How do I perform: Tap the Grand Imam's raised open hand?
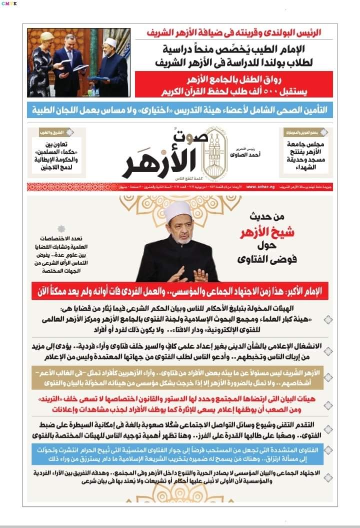(x=200, y=275)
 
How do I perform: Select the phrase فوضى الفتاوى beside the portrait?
(x=262, y=260)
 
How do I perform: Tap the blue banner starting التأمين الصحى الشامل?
(x=180, y=109)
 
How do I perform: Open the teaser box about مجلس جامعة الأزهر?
(x=304, y=150)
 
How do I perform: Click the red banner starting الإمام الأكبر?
(x=180, y=291)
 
